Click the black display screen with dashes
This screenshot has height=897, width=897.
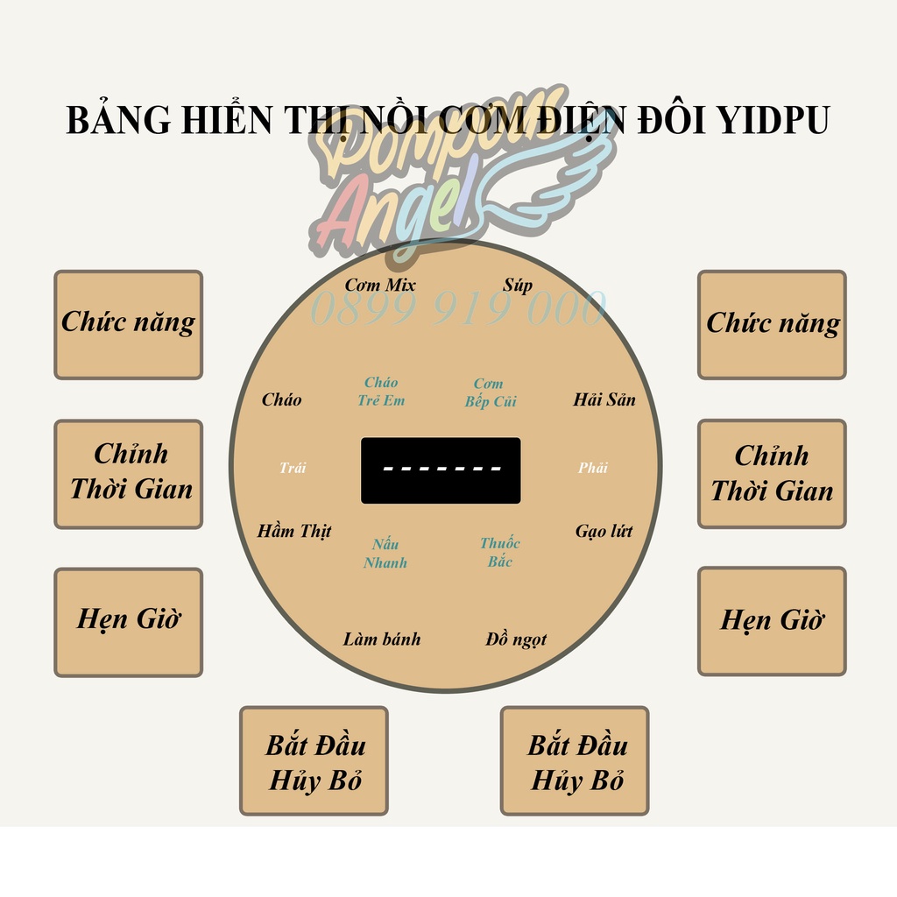coord(441,470)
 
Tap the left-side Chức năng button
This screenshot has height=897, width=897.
coord(129,324)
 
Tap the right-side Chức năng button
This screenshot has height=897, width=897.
coord(772,324)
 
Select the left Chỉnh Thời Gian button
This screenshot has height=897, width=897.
coord(129,474)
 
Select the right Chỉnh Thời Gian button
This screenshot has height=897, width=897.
coord(772,474)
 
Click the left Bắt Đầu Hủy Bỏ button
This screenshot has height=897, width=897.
coord(314,760)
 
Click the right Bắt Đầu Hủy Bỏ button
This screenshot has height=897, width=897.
coord(575,760)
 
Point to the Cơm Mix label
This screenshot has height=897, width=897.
coord(379,286)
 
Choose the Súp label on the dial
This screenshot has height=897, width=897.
coord(517,286)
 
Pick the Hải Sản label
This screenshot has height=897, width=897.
coord(604,399)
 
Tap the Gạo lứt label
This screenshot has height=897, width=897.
coord(604,531)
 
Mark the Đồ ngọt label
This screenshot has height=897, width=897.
coord(516,639)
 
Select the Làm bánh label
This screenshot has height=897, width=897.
coord(381,639)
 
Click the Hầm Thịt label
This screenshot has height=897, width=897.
coord(294,531)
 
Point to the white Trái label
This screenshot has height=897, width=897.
coord(293,468)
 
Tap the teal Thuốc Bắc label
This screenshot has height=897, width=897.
coord(499,553)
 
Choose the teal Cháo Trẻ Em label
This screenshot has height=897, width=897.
coord(381,392)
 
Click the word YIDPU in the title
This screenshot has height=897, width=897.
coord(773,120)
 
